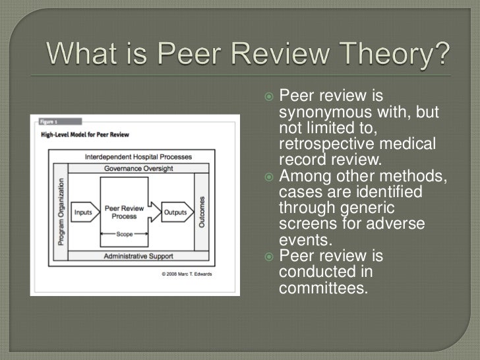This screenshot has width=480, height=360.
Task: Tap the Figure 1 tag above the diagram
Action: [48, 122]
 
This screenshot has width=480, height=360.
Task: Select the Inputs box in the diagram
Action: [83, 212]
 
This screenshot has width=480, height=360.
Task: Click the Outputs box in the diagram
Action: [175, 212]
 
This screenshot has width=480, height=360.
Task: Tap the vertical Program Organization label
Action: [61, 212]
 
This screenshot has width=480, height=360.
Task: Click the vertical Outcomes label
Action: [202, 212]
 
